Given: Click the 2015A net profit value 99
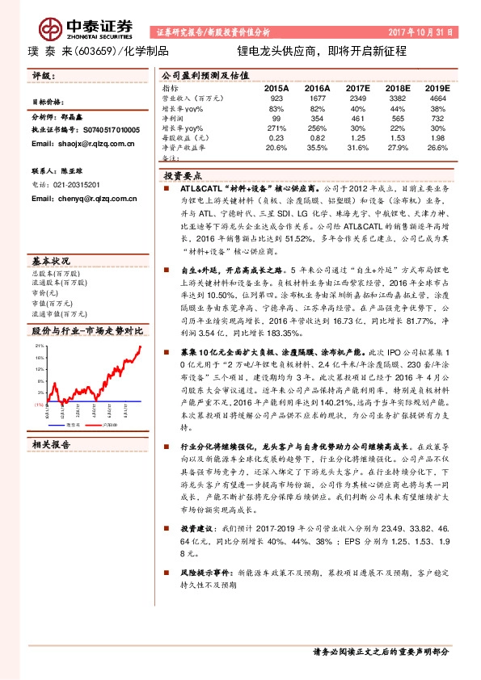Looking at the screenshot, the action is point(276,118).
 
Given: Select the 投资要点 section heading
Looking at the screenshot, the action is point(188,174).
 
